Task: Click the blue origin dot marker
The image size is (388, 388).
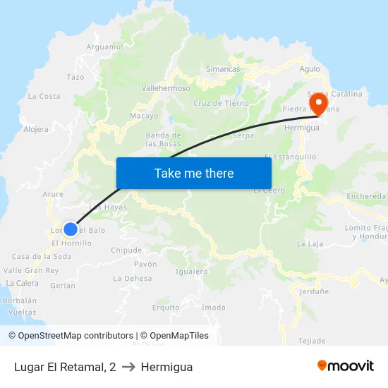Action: (71, 229)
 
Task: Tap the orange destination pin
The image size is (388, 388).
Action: (317, 104)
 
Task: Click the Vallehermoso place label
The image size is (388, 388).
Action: (166, 88)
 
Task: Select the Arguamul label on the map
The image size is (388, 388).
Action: (104, 47)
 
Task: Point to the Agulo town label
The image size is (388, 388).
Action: (310, 69)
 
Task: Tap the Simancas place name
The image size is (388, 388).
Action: (223, 69)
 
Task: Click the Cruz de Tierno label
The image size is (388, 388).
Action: (221, 103)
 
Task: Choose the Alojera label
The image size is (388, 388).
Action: (36, 129)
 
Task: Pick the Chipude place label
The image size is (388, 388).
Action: (126, 250)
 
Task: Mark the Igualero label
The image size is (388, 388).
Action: (191, 271)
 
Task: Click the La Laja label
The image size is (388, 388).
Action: (310, 244)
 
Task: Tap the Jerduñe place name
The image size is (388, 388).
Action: (314, 291)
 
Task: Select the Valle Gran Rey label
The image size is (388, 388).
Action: (31, 270)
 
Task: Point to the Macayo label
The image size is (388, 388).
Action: (144, 116)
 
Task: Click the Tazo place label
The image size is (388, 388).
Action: (75, 77)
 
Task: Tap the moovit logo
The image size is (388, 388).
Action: (346, 366)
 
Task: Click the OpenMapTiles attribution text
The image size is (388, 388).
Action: (174, 336)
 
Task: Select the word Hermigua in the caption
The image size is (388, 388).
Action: (166, 367)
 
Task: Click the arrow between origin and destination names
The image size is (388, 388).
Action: (128, 367)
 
